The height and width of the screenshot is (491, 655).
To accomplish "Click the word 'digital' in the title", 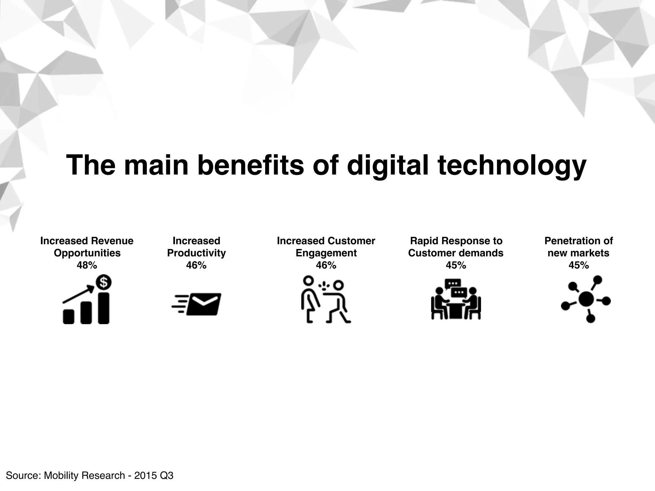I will [x=387, y=165].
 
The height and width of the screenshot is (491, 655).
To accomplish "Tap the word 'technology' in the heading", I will [x=511, y=165].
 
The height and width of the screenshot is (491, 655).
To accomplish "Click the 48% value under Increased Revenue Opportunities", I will [x=87, y=265].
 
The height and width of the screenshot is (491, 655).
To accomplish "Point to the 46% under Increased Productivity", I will [x=196, y=265].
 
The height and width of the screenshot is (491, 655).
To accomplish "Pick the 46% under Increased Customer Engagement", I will [x=326, y=265].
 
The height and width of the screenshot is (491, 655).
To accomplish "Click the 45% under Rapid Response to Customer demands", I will [x=456, y=265].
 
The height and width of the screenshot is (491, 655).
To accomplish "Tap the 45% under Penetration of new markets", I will [x=579, y=265].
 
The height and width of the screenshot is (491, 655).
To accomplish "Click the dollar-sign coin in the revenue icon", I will [x=104, y=282].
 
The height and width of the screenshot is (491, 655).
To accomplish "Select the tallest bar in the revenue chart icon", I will [x=104, y=308].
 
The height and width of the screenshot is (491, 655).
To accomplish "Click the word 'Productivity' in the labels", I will [x=196, y=253].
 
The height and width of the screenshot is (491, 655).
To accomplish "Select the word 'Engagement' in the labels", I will [x=326, y=253].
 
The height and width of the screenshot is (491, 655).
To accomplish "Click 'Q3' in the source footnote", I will [x=166, y=476].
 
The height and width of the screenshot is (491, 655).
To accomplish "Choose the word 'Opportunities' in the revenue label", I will [x=87, y=253].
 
